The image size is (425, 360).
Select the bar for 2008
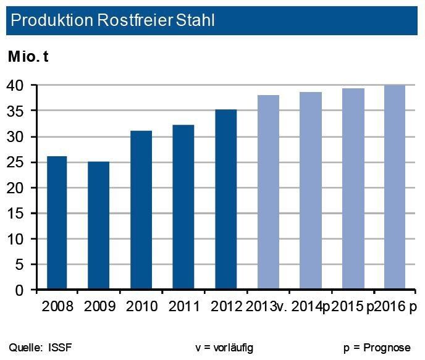[56, 223]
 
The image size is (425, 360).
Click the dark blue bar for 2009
[98, 225]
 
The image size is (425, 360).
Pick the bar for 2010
[141, 210]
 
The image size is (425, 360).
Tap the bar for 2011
[183, 207]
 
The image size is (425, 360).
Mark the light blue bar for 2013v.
[268, 192]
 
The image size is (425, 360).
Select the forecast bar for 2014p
[311, 191]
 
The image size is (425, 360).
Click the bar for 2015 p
[353, 189]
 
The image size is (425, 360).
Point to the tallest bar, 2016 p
[395, 188]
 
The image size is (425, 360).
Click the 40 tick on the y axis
[18, 85]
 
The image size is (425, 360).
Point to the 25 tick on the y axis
[18, 162]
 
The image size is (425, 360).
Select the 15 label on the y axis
[18, 214]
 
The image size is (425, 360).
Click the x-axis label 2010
[141, 307]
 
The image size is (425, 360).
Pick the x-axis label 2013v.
[267, 307]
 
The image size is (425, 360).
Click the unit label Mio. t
[28, 57]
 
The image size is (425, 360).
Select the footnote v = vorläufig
[224, 348]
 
